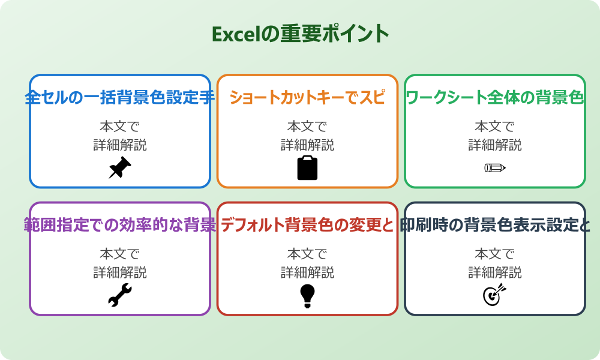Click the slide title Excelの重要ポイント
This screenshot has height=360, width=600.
pyautogui.click(x=300, y=34)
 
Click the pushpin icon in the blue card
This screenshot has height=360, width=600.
pyautogui.click(x=119, y=168)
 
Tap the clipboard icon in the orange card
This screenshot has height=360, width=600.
pyautogui.click(x=307, y=168)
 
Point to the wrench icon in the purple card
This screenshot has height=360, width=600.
pyautogui.click(x=119, y=295)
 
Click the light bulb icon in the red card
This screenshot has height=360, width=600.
pyautogui.click(x=307, y=295)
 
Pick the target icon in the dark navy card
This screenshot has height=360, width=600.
pyautogui.click(x=494, y=295)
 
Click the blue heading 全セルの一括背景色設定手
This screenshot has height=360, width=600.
pyautogui.click(x=119, y=97)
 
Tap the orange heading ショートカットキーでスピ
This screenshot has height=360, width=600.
pyautogui.click(x=307, y=97)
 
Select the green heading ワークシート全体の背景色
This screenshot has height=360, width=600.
pyautogui.click(x=494, y=97)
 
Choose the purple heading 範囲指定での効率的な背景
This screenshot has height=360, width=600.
pyautogui.click(x=119, y=225)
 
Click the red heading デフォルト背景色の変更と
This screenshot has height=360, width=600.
pyautogui.click(x=307, y=225)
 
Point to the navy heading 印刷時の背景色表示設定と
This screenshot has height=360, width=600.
pyautogui.click(x=494, y=225)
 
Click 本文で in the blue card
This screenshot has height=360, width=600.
pyautogui.click(x=119, y=127)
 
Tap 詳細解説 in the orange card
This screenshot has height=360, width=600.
pyautogui.click(x=307, y=145)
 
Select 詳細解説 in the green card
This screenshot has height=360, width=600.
pyautogui.click(x=494, y=145)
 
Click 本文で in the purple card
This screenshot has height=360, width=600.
pyautogui.click(x=119, y=254)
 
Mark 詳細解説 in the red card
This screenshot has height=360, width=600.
pyautogui.click(x=307, y=272)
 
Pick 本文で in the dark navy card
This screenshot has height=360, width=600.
pyautogui.click(x=494, y=254)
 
